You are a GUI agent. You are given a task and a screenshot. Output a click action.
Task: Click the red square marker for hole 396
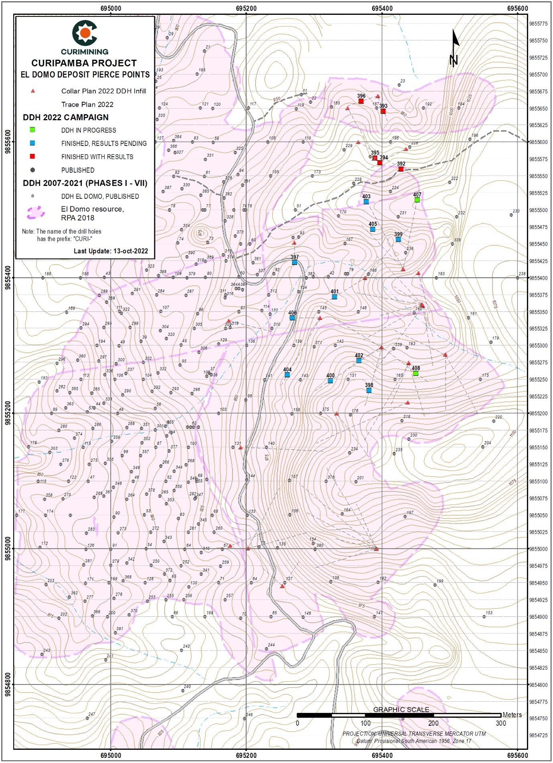(x=361, y=101)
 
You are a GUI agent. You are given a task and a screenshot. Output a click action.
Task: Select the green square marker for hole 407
(x=417, y=200)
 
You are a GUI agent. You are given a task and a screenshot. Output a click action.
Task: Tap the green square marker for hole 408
(x=416, y=373)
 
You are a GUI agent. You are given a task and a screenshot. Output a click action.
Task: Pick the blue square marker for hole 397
(x=294, y=262)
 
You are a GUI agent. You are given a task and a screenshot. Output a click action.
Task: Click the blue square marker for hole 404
(x=287, y=375)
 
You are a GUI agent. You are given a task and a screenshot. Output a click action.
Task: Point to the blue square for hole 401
(x=334, y=297)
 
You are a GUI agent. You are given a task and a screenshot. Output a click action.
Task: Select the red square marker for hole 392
(x=401, y=169)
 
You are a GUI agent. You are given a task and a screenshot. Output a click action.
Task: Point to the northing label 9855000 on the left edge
(x=7, y=548)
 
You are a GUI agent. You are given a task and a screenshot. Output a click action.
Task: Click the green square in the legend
(x=33, y=130)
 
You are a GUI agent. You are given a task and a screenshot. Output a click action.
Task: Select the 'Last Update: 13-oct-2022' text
(x=111, y=251)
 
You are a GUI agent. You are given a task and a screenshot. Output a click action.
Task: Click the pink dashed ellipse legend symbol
(x=35, y=213)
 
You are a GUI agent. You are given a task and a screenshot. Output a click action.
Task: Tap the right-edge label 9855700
(x=538, y=75)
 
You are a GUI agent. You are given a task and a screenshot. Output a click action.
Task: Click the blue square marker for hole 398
(x=368, y=390)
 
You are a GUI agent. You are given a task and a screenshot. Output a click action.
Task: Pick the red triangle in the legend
(x=33, y=91)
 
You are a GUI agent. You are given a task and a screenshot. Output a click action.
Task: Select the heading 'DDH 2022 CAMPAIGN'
(x=65, y=117)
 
